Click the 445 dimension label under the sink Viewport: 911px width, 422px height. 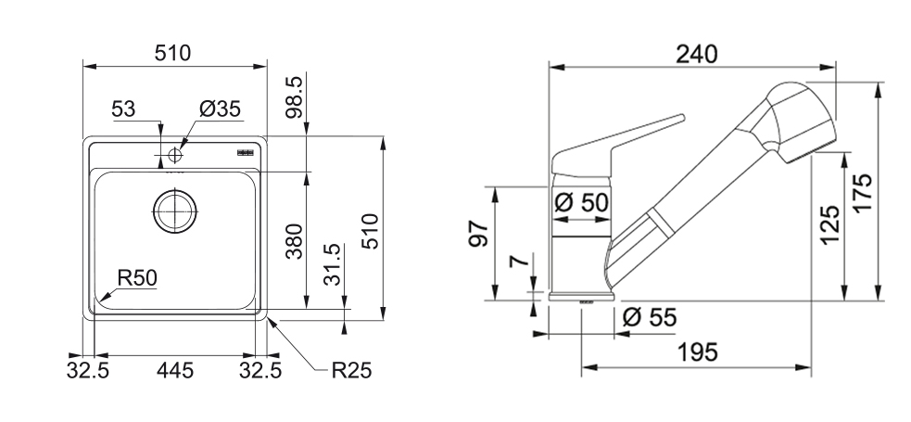pyautogui.click(x=174, y=371)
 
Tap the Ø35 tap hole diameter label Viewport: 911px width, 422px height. pyautogui.click(x=220, y=109)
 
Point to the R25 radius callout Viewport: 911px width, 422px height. pyautogui.click(x=351, y=371)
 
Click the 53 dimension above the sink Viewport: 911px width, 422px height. pyautogui.click(x=123, y=109)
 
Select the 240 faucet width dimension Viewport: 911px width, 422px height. pyautogui.click(x=697, y=55)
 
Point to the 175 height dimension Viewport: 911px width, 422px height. pyautogui.click(x=863, y=194)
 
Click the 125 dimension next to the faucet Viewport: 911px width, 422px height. pyautogui.click(x=830, y=224)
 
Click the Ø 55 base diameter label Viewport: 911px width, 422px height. pyautogui.click(x=649, y=318)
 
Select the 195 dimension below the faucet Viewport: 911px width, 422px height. pyautogui.click(x=697, y=352)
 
